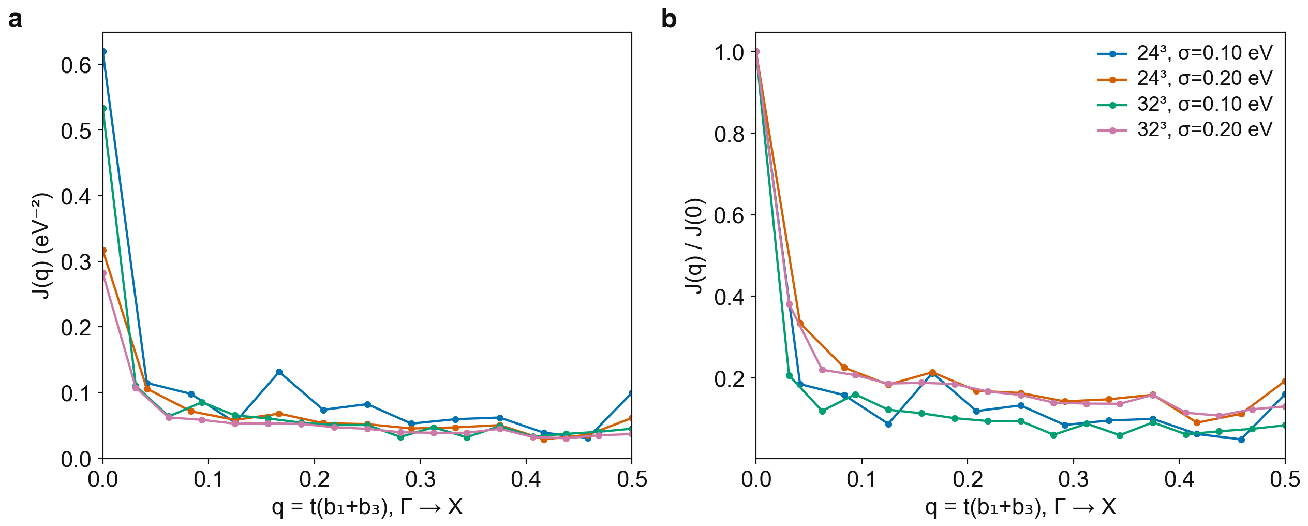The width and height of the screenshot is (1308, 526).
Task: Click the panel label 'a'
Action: tap(16, 20)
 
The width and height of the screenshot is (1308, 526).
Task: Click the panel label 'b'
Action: tap(669, 19)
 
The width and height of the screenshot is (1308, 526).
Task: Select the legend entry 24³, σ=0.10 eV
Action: tap(1185, 53)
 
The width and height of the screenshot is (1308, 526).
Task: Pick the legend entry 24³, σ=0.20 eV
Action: tap(1185, 79)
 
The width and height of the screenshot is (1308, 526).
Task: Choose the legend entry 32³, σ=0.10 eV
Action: tap(1185, 104)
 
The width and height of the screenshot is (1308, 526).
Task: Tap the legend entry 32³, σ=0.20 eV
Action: tap(1185, 130)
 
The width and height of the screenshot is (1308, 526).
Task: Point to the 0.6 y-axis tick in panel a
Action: tap(76, 65)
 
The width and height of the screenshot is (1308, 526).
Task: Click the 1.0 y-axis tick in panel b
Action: tap(729, 52)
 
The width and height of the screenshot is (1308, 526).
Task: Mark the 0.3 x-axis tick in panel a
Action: tap(420, 479)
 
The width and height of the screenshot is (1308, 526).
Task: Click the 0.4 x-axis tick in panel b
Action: tap(1179, 479)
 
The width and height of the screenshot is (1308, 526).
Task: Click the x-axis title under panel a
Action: tap(367, 507)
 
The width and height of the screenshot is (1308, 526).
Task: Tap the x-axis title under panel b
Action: tap(1020, 507)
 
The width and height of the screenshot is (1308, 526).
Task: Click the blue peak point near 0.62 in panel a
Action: tap(103, 52)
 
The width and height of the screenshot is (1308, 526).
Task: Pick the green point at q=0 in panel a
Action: tap(103, 109)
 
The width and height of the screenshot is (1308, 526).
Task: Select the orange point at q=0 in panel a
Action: tap(103, 251)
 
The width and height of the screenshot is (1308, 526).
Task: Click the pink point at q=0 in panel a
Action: tap(103, 273)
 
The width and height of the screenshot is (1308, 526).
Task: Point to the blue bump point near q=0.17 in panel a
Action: tap(279, 372)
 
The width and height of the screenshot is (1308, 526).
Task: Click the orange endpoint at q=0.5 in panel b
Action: tap(1284, 382)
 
